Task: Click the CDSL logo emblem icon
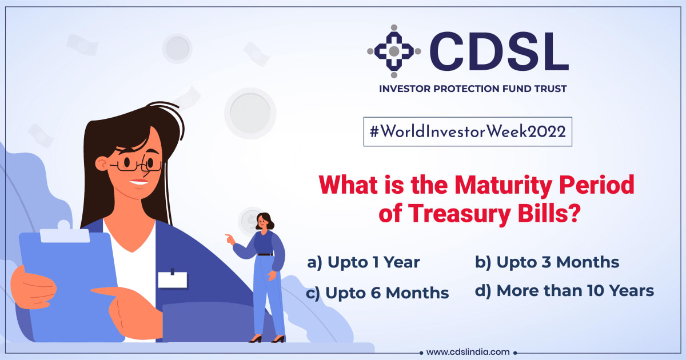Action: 394,51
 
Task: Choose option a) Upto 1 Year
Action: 364,263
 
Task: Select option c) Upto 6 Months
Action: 377,293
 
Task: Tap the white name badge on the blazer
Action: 172,279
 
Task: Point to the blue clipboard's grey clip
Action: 64,231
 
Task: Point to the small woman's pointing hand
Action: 230,238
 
